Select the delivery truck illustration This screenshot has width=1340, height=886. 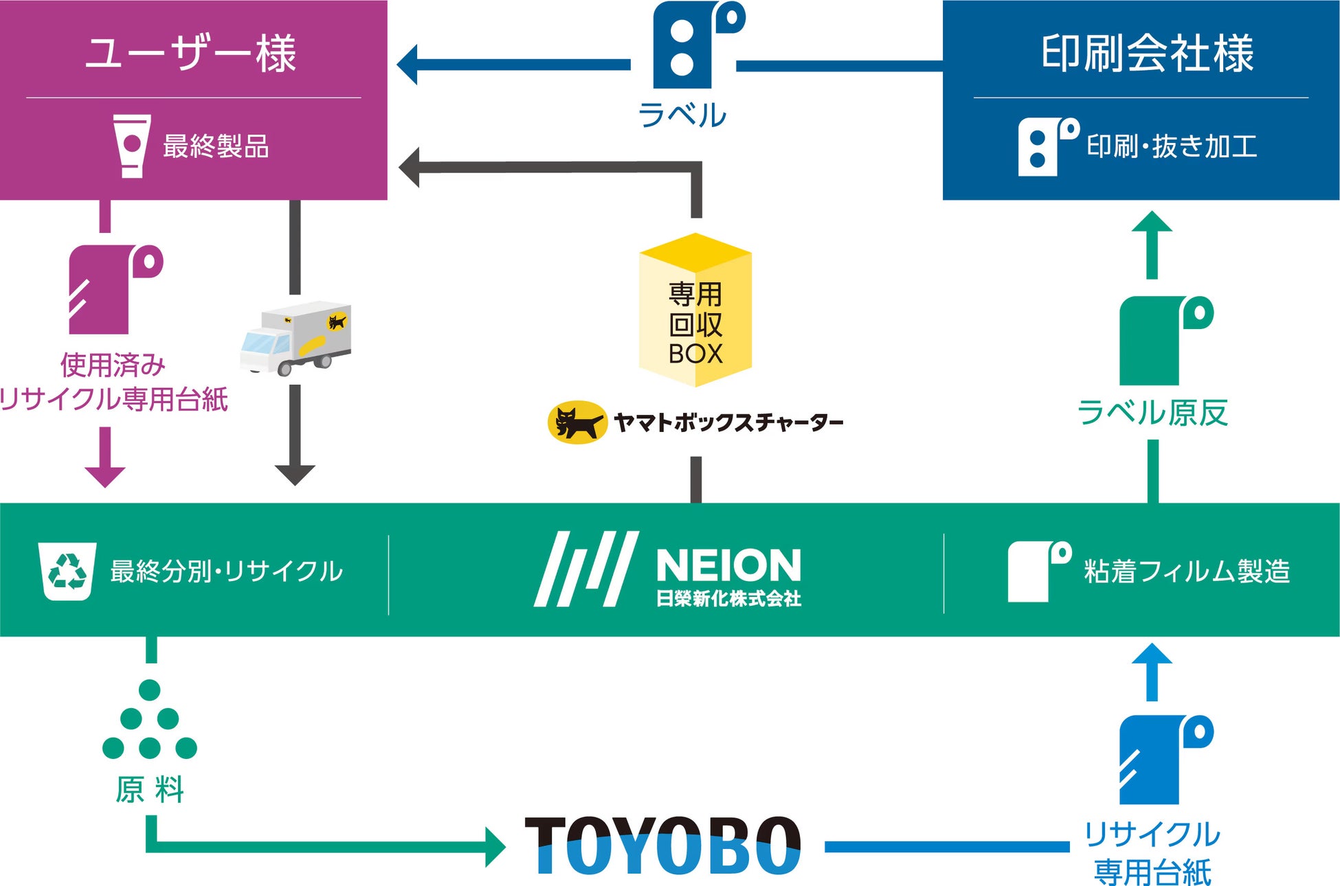(x=296, y=338)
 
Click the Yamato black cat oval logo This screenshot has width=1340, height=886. (x=577, y=422)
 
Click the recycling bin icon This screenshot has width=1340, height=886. (x=67, y=571)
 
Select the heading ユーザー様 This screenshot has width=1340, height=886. (x=191, y=53)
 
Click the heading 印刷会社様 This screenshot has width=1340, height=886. (x=1147, y=53)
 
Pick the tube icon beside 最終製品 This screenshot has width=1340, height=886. (x=131, y=146)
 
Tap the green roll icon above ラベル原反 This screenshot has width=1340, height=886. (x=1164, y=340)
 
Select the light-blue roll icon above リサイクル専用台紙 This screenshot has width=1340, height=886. (x=1164, y=759)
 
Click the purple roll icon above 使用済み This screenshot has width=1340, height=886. (x=114, y=289)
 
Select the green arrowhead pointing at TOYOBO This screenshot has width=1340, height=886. (x=495, y=847)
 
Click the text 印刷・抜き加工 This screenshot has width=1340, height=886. (x=1172, y=146)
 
